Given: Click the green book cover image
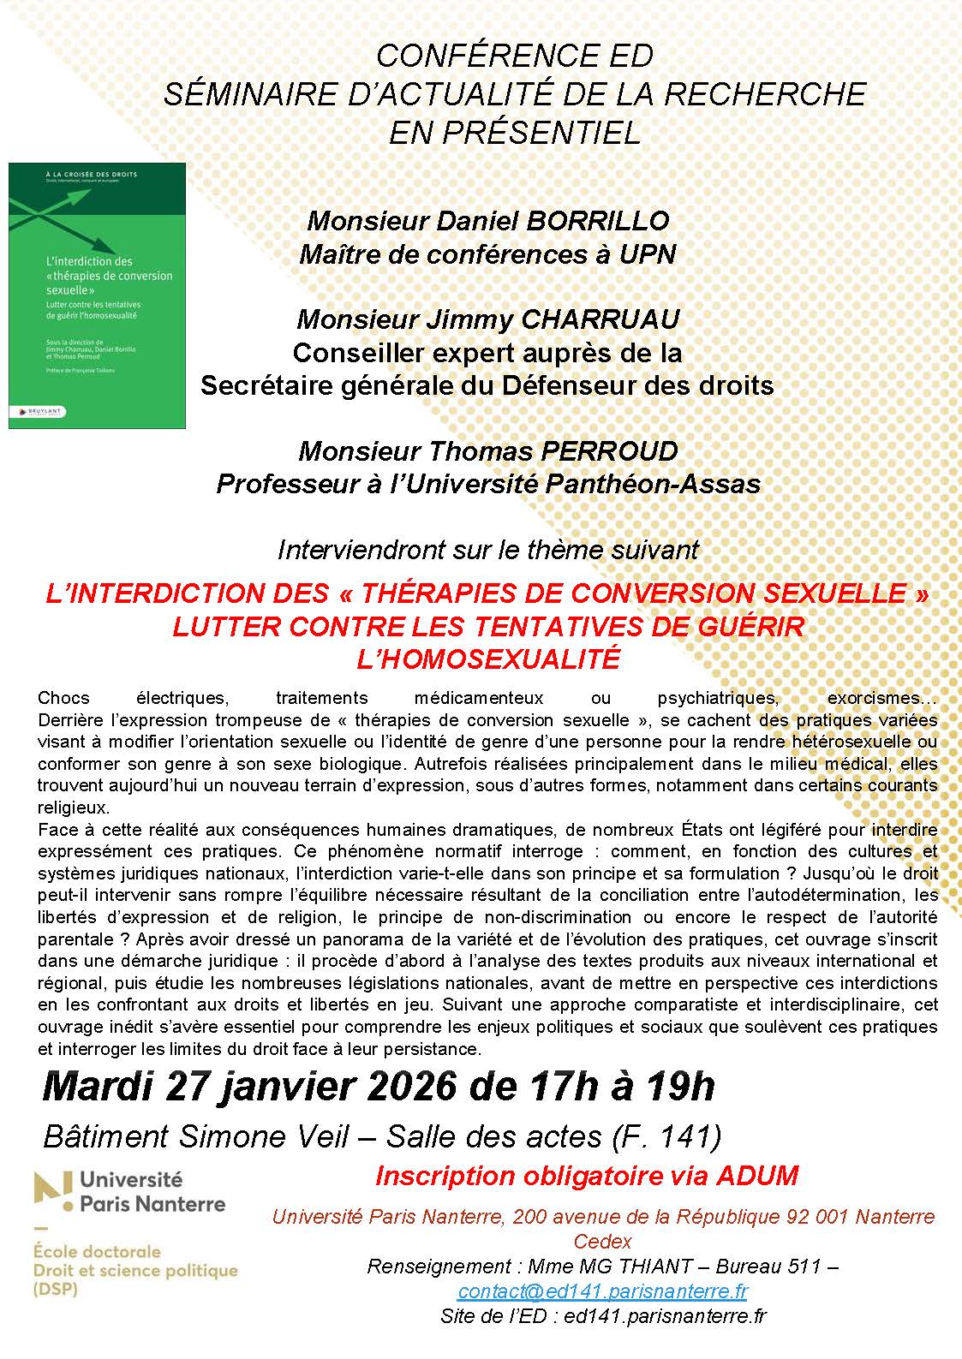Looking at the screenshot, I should (97, 295).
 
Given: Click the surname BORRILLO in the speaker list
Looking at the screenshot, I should (597, 221).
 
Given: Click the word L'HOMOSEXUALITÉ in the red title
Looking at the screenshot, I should (487, 659).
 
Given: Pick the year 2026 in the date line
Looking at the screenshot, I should (410, 1087).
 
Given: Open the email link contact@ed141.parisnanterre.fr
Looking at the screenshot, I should (602, 1290).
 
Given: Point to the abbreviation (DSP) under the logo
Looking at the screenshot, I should (55, 1290).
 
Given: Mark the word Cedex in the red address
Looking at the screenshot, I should (602, 1241).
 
